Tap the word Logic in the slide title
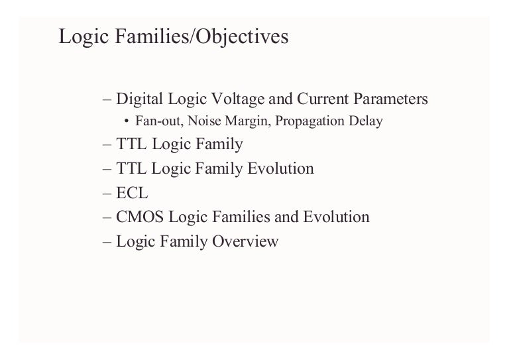pos(80,36)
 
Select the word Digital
pos(137,99)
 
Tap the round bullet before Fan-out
pos(127,122)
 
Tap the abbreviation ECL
pos(133,193)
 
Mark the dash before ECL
pos(109,193)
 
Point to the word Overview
pos(245,241)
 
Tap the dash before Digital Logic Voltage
pos(109,99)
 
